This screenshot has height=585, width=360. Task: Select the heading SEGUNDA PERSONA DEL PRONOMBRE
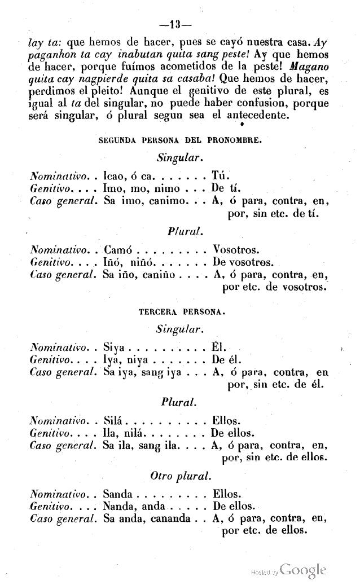pyautogui.click(x=180, y=141)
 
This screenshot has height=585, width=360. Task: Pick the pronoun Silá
pyautogui.click(x=114, y=421)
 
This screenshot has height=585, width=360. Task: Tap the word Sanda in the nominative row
pyautogui.click(x=118, y=492)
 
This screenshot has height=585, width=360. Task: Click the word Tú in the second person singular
pyautogui.click(x=219, y=175)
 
